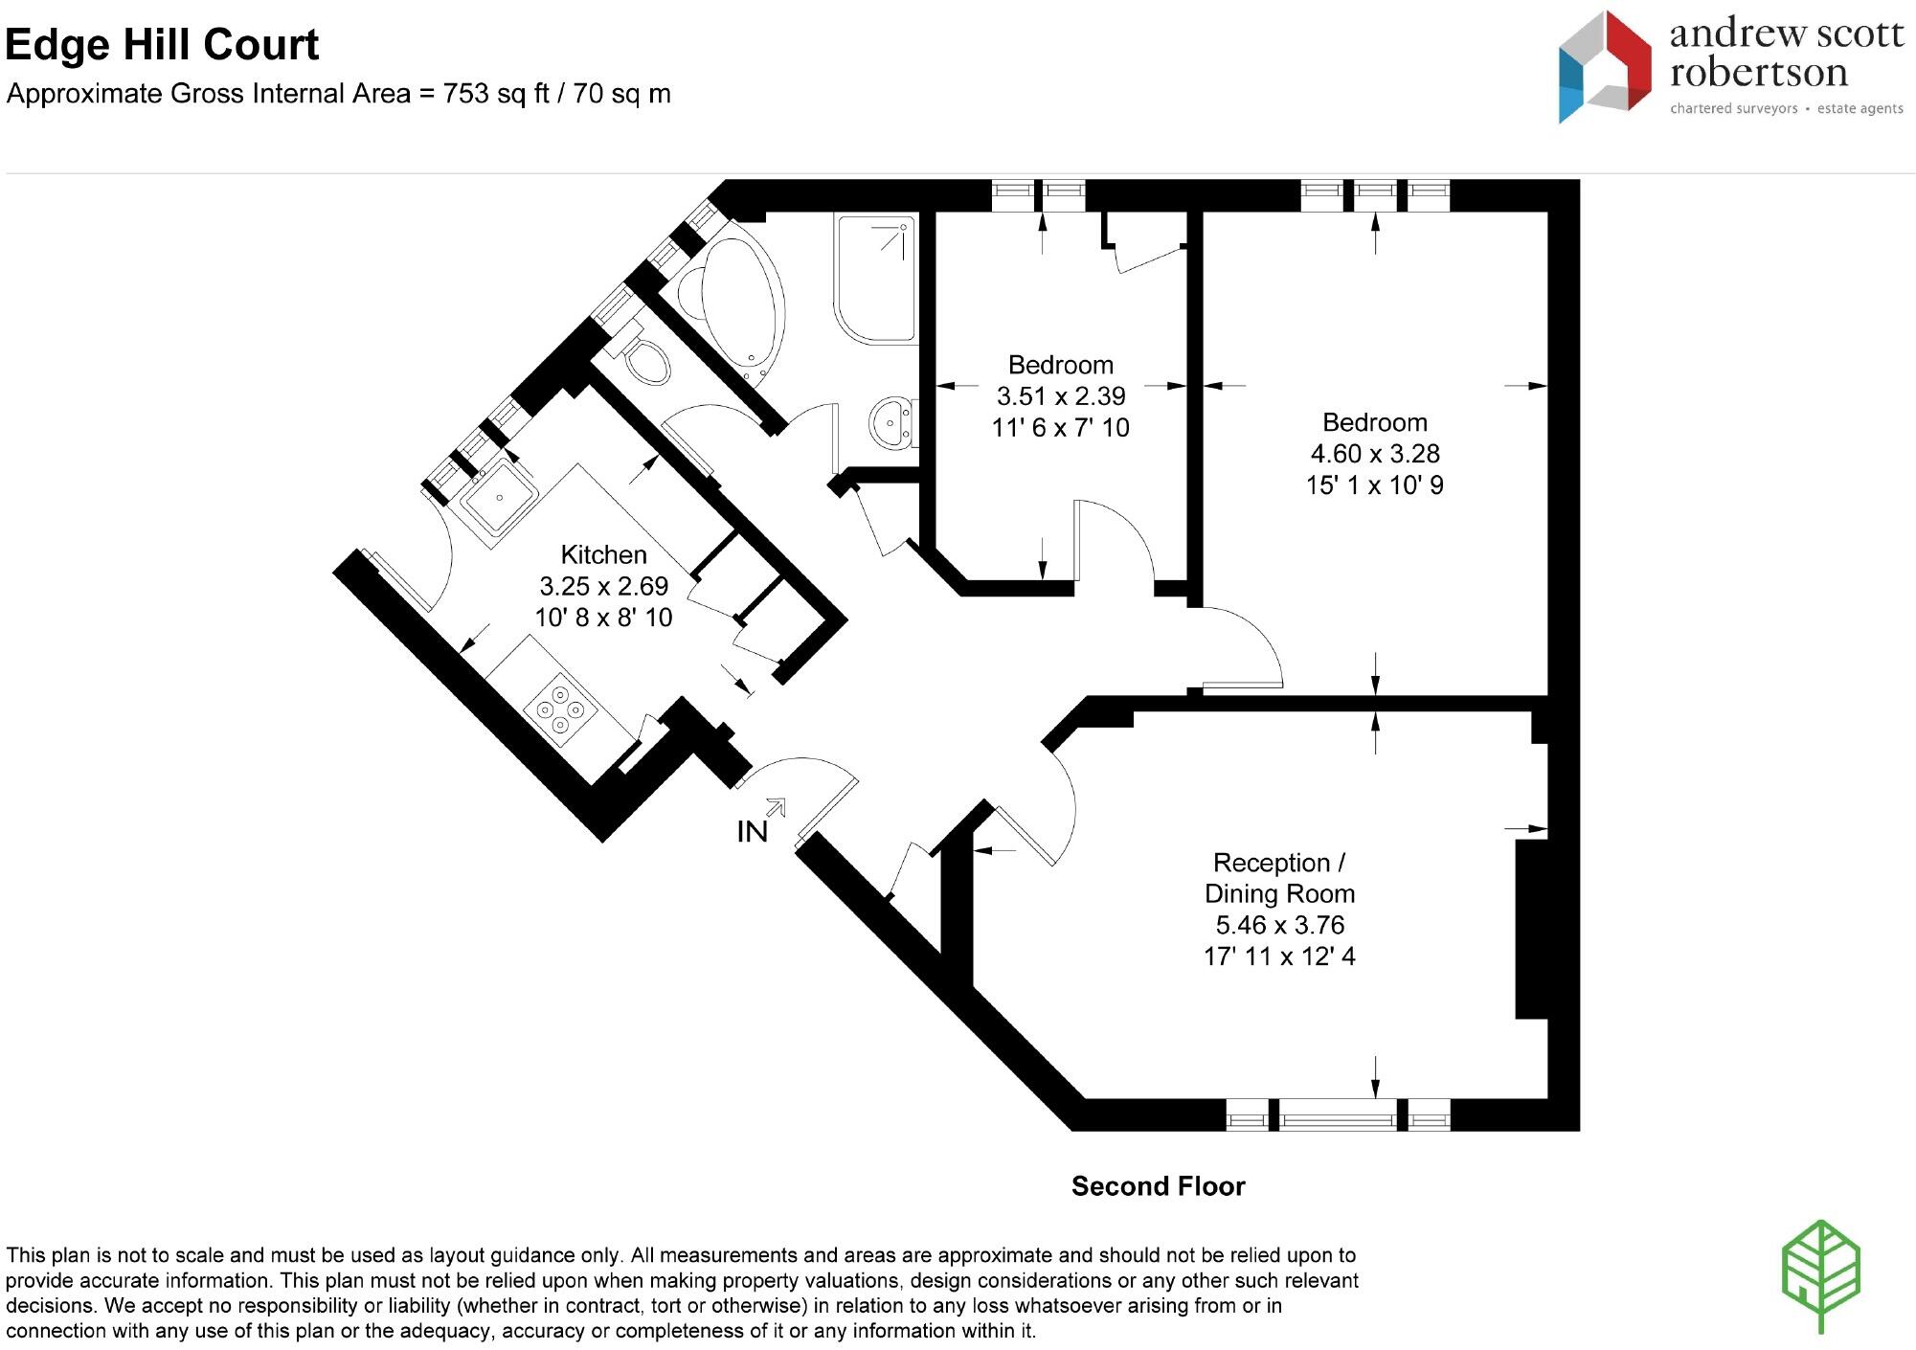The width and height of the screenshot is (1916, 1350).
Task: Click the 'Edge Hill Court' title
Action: (162, 45)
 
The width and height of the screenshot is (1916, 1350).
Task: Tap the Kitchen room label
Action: (603, 554)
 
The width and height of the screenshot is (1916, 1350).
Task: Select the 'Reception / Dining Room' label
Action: (1279, 878)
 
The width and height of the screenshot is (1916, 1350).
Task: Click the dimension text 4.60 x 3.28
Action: (1375, 453)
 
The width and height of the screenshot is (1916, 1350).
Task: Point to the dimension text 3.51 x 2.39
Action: (1061, 395)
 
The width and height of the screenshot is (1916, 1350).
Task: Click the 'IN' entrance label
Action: (753, 832)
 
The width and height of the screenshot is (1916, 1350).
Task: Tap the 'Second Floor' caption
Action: (1158, 1186)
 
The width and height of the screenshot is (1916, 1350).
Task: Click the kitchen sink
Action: (496, 499)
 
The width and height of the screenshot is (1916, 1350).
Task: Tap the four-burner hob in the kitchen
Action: (561, 709)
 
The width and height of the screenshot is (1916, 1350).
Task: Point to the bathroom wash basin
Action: (893, 421)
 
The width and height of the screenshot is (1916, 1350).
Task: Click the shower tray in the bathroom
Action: (876, 279)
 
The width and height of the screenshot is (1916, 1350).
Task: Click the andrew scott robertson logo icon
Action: (1604, 67)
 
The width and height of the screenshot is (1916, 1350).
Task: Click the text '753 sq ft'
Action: (496, 94)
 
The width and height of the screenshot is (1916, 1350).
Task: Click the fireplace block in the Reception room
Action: (1531, 929)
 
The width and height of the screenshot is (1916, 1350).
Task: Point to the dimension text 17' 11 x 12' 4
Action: (1279, 956)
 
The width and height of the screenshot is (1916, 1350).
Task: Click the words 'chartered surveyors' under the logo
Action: (1734, 109)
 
